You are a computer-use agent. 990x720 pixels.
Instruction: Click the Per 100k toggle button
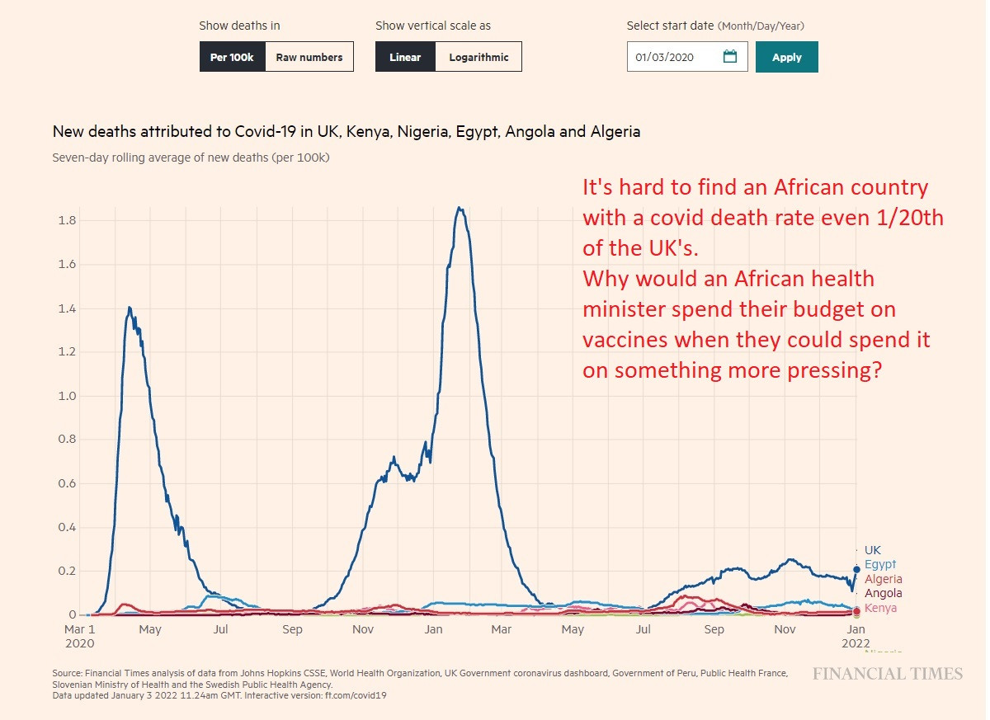(232, 58)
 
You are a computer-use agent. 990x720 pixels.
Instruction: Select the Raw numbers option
(309, 58)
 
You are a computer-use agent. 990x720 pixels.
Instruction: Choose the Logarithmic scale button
(478, 58)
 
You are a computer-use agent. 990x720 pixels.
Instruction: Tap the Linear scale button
(405, 58)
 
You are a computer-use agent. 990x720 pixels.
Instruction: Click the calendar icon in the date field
(729, 57)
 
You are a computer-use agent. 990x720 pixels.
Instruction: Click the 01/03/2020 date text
(664, 58)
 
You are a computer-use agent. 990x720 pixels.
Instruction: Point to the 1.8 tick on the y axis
(67, 221)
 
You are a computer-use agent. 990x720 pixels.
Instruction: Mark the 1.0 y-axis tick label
(67, 396)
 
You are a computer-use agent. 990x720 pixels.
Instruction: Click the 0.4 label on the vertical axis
(67, 527)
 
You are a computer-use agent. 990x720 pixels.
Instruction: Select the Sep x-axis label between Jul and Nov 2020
(292, 629)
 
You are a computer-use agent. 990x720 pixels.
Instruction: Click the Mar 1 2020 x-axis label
(79, 636)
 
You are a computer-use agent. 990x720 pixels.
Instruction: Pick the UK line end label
(873, 550)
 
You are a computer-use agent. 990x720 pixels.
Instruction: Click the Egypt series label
(880, 565)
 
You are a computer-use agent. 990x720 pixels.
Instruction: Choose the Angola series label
(883, 593)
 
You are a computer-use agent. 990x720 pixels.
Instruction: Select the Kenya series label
(880, 609)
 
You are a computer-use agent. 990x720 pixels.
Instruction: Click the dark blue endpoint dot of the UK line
(856, 569)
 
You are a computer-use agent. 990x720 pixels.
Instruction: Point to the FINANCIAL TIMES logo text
(888, 674)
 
